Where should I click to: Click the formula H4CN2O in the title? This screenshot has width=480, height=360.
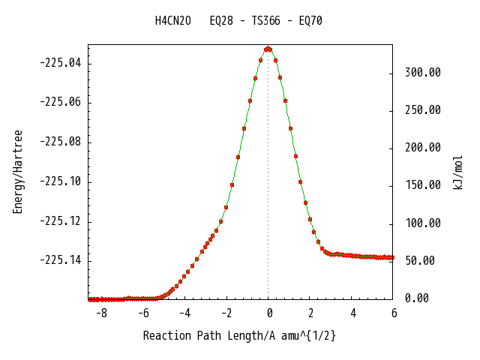coord(173,21)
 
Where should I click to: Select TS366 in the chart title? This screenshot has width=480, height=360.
coord(265,21)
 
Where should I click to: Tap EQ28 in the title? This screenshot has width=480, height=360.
coord(221,21)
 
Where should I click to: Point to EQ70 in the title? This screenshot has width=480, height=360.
coord(310,21)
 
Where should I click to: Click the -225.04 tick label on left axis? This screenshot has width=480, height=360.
coord(61,63)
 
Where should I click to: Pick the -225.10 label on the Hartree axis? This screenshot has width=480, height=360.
coord(61,181)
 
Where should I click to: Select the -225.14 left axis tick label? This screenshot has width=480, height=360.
coord(61,260)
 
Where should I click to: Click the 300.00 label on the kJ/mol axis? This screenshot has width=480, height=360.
coord(423,73)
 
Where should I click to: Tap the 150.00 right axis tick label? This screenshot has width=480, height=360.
coord(423,185)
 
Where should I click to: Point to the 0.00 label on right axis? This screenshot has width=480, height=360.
coord(417,298)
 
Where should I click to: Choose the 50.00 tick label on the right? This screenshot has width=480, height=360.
coord(420,260)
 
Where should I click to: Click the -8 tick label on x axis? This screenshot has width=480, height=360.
coord(101,313)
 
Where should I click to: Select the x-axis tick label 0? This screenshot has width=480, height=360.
coord(269,313)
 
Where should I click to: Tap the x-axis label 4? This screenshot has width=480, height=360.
coord(353,313)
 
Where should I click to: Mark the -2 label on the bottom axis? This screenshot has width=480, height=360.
coord(226,313)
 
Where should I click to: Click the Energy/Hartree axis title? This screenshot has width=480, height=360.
coord(17,172)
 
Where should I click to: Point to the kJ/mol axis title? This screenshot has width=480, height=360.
coord(457,172)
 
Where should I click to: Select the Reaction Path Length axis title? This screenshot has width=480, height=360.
coord(239,336)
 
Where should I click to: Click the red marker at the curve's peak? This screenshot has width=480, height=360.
coord(268,49)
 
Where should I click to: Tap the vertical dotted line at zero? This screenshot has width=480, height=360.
coord(268,175)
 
